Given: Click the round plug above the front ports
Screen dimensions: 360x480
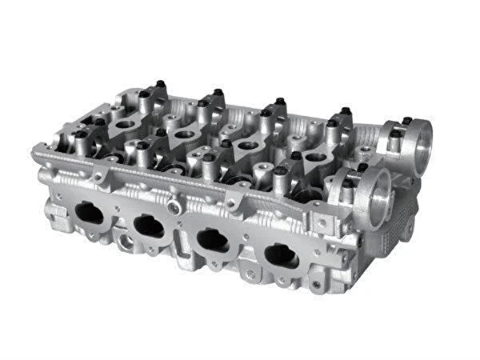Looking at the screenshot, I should pyautogui.click(x=174, y=206).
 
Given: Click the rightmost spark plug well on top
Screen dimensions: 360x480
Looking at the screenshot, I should pyautogui.click(x=315, y=157).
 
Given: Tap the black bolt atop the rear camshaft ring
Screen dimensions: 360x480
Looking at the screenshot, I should pyautogui.click(x=407, y=121).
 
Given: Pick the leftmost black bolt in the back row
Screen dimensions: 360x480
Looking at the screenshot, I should pyautogui.click(x=159, y=84).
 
